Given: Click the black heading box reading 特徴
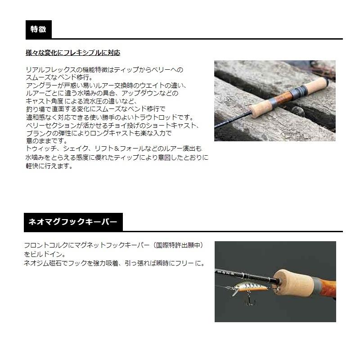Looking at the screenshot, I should [x=38, y=30].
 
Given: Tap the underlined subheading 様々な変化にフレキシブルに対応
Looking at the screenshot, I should [x=73, y=53].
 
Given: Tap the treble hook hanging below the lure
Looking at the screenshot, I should [x=247, y=301].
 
